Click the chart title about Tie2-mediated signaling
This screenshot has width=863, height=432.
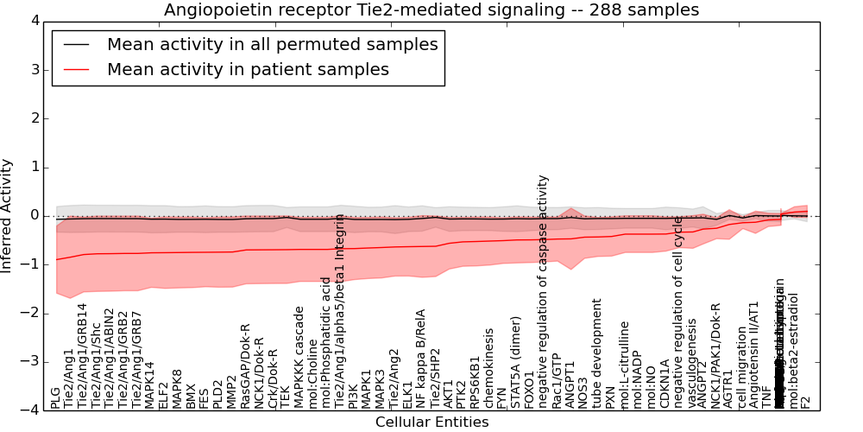431,10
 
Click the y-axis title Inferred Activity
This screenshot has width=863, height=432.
8,215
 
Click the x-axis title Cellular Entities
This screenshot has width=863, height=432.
431,422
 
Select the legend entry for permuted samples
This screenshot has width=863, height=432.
272,44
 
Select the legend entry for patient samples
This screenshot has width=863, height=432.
248,69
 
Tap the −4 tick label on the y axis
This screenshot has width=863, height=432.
28,410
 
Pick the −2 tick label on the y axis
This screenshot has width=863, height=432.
28,313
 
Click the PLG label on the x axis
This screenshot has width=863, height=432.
56,397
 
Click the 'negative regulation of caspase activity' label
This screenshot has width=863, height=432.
543,292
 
